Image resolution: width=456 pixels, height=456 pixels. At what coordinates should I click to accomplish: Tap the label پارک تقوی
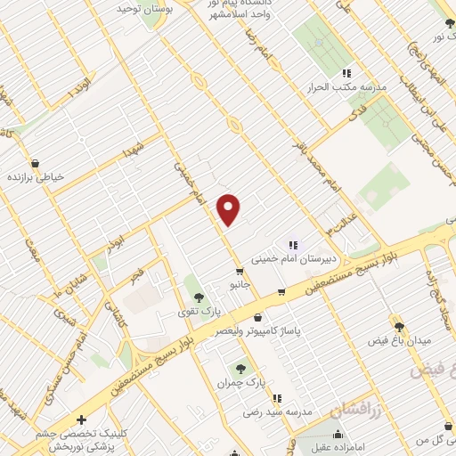pyautogui.click(x=198, y=311)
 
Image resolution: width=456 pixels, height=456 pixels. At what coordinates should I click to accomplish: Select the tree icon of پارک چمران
pyautogui.click(x=240, y=367)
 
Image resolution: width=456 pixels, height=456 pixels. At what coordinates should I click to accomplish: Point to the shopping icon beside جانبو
pyautogui.click(x=240, y=272)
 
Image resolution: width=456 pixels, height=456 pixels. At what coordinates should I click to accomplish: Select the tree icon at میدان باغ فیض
pyautogui.click(x=398, y=327)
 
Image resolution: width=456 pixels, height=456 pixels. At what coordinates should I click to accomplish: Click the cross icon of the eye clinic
pyautogui.click(x=81, y=419)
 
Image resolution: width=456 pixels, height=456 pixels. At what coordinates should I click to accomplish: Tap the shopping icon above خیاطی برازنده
pyautogui.click(x=34, y=163)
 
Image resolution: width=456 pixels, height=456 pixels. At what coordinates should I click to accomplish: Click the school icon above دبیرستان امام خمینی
pyautogui.click(x=291, y=245)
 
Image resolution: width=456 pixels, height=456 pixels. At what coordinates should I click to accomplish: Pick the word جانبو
pyautogui.click(x=240, y=286)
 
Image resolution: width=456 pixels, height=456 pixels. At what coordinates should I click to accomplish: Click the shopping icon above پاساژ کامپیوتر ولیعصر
pyautogui.click(x=257, y=317)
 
